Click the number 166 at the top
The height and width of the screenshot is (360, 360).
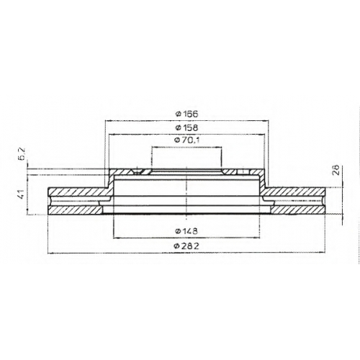tap(190, 114)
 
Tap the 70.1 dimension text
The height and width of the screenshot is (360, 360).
tap(190, 140)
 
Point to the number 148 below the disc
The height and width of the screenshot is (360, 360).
tap(189, 231)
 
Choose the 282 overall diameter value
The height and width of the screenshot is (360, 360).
tap(190, 246)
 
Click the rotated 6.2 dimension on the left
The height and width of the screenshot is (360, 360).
tap(22, 154)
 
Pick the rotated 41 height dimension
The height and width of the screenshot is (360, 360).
tap(22, 194)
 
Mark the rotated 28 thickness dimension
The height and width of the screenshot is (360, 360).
tap(336, 170)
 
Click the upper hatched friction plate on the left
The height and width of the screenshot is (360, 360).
tap(78, 192)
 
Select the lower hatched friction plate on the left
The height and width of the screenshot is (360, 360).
tap(76, 210)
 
